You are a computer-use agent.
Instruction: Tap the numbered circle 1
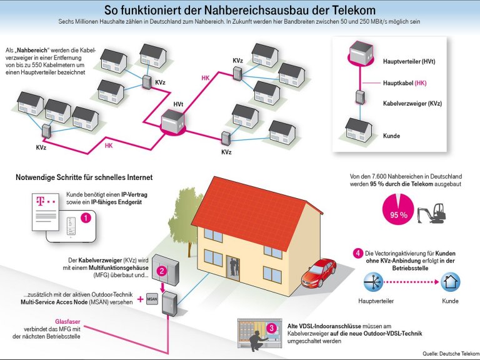87,218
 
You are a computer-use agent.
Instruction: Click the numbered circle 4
357,253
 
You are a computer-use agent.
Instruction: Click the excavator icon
431,212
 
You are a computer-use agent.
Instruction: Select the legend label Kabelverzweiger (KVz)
412,103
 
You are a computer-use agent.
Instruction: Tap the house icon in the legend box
359,129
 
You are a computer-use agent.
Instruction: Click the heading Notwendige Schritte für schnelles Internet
84,177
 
